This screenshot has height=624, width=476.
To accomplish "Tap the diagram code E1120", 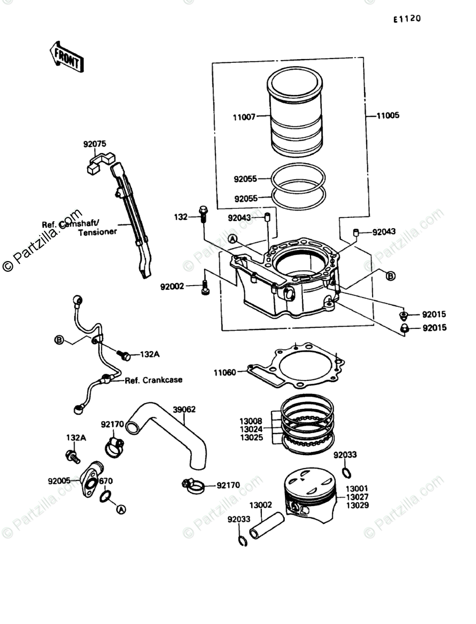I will pyautogui.click(x=407, y=19).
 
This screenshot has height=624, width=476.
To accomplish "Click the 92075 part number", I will pyautogui.click(x=94, y=143).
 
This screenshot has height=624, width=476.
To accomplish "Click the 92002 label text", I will pyautogui.click(x=172, y=286).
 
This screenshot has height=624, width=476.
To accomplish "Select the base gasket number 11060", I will pyautogui.click(x=225, y=373).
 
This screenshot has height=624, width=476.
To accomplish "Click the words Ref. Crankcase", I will pyautogui.click(x=153, y=380).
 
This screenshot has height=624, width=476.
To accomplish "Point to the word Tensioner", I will pyautogui.click(x=97, y=233).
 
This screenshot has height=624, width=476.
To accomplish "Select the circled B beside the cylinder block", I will pyautogui.click(x=390, y=275).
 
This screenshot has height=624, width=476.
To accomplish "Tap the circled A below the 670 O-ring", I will pyautogui.click(x=121, y=510).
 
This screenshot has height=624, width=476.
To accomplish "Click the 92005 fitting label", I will pyautogui.click(x=60, y=481).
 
